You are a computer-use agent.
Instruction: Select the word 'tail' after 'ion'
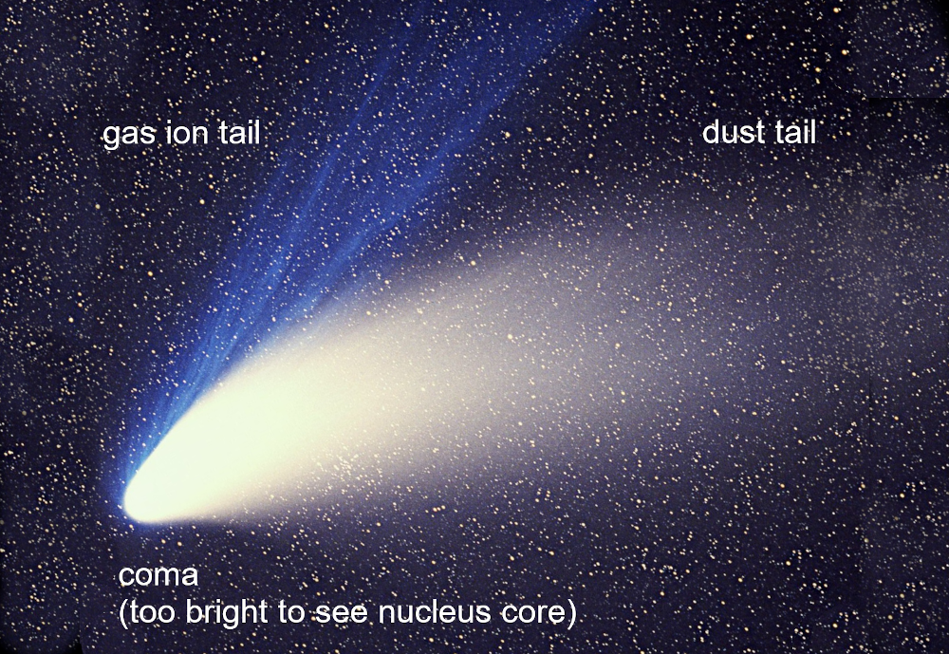[240, 132]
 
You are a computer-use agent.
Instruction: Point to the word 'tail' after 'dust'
[795, 132]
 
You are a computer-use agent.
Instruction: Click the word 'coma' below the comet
[158, 575]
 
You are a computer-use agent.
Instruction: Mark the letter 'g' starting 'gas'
[110, 138]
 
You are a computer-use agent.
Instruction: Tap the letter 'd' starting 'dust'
[710, 132]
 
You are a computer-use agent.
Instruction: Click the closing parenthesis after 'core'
[570, 613]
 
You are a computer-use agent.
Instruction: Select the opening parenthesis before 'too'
[122, 613]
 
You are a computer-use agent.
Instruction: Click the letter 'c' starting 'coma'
[125, 576]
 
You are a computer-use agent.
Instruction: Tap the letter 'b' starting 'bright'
[193, 611]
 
